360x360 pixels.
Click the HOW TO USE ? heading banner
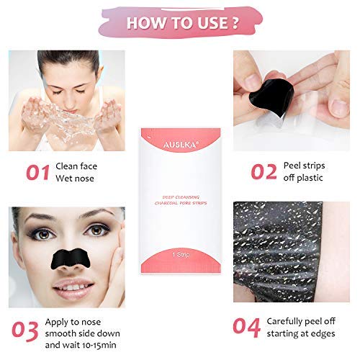coord(179,21)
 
